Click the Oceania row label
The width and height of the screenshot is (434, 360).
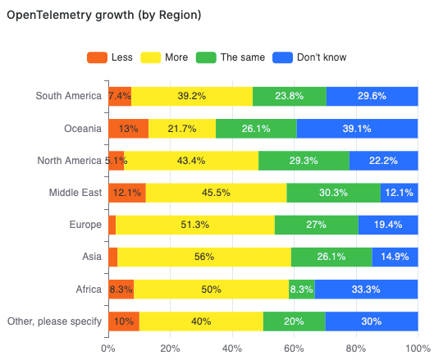pos(83,129)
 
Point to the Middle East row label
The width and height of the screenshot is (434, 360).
pos(75,193)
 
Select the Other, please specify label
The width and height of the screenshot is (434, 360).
pos(54,321)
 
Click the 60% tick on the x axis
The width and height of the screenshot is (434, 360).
pos(294,347)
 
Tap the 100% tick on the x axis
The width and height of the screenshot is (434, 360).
pos(417,347)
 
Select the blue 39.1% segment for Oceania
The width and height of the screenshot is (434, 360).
pos(357,129)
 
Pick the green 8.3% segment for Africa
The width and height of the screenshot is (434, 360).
pos(301,289)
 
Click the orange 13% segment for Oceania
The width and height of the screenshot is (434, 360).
pos(128,129)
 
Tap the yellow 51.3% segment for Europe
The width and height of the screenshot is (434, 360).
pos(195,225)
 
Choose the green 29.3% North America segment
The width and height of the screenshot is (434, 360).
pos(304,161)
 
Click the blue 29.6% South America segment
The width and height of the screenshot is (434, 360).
pos(372,96)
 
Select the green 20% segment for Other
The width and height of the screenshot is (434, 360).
pos(294,321)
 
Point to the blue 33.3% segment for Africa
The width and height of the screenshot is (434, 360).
pos(366,289)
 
